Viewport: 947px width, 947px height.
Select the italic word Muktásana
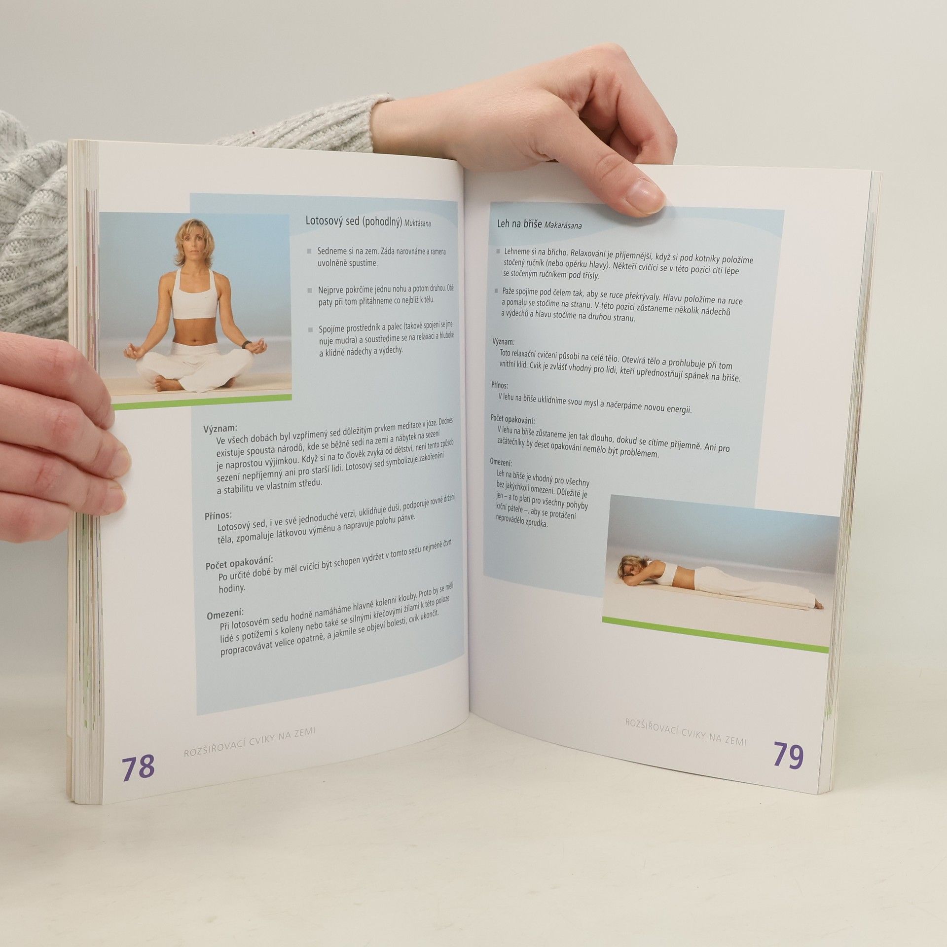click(417, 223)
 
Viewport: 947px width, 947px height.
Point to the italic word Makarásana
click(563, 225)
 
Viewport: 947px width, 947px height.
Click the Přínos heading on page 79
click(499, 385)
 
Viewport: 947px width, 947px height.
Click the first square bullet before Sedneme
click(309, 251)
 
